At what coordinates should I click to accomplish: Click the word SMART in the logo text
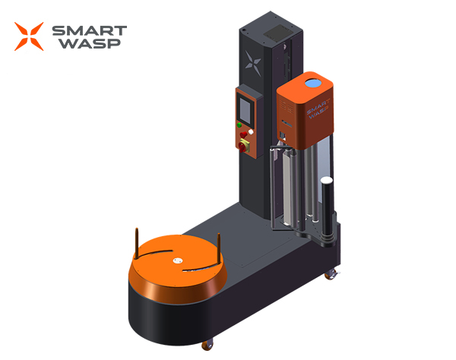pos(89,30)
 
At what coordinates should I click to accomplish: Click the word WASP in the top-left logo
pos(90,43)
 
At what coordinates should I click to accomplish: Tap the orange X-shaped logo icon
pos(29,36)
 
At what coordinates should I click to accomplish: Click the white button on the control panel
pos(251,132)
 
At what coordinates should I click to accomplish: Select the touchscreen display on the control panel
pos(245,111)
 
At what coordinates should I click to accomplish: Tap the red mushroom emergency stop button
pos(244,134)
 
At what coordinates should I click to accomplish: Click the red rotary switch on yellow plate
pos(242,146)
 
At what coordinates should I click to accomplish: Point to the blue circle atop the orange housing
pos(313,84)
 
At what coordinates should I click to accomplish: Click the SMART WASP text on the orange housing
pos(318,109)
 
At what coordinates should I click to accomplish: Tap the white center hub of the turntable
pos(178,261)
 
